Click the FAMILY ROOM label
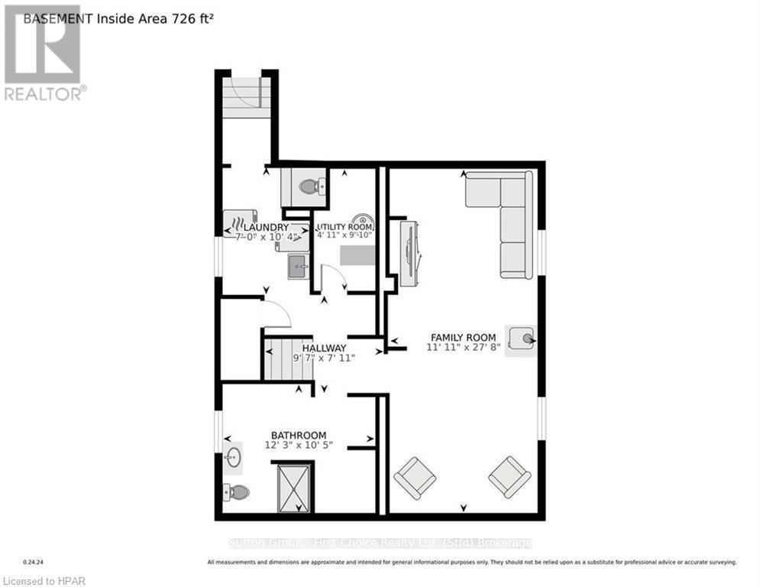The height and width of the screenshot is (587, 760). pos(463,337)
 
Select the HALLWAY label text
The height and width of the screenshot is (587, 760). pos(323,348)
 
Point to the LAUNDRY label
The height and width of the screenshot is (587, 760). pos(266,227)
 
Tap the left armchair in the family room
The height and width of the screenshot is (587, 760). pos(415,477)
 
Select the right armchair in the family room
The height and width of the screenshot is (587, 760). pos(509,476)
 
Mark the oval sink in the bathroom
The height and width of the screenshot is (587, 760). pos(233,458)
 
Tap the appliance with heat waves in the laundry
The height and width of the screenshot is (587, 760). pos(240,222)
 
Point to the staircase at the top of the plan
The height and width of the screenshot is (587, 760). pos(247,97)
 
